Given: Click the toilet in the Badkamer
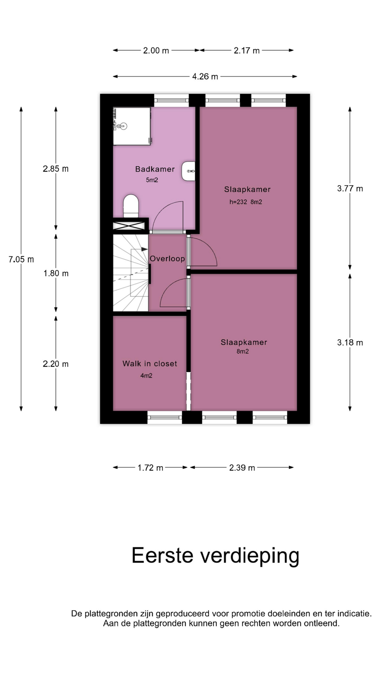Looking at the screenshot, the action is pos(131,206).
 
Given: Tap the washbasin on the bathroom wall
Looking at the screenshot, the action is pos(189,171).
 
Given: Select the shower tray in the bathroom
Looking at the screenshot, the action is pos(132,126).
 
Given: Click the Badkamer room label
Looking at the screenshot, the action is pos(155,169).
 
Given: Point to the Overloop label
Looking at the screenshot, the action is pos(167,259).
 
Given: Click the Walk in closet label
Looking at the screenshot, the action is pos(150,364).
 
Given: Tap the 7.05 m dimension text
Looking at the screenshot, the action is pos(21,259).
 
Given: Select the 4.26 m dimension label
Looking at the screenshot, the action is pos(205,76).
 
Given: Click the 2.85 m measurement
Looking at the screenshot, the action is pos(56,169).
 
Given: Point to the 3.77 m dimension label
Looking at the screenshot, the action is pos(350,188).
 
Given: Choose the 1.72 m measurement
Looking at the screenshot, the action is pos(150,468).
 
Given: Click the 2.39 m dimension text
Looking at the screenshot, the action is pos(242,468).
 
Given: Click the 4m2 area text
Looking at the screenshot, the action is pos(146,375).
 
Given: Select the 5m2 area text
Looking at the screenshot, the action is pos(152,180).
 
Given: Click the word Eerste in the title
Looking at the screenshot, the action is pos(163,555).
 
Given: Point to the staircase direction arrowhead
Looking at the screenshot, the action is pos(145,249).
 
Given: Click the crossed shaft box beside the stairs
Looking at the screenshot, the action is pos(129,226).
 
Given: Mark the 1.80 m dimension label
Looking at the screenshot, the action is pos(56,273).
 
